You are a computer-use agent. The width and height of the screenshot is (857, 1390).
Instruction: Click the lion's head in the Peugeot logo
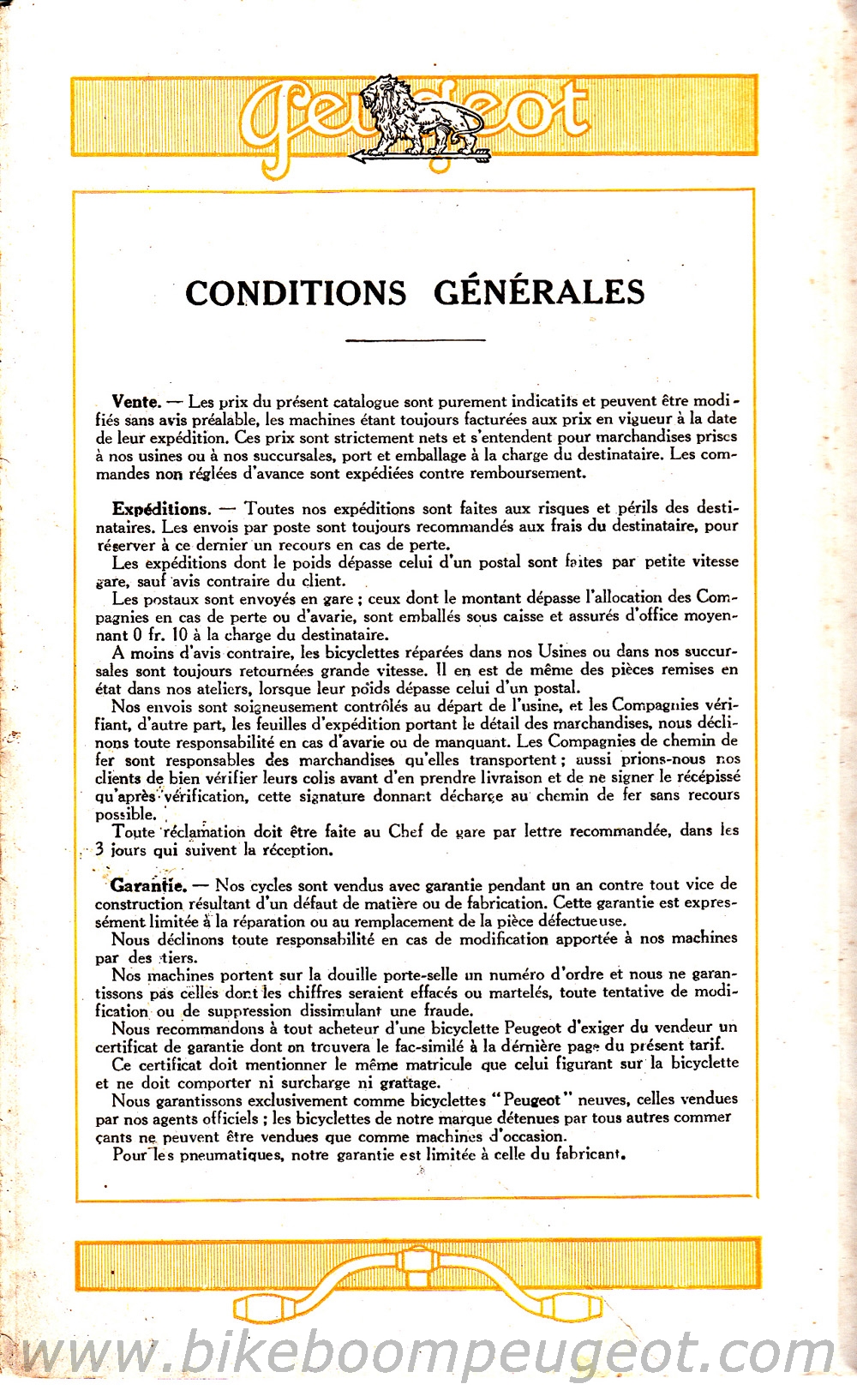coord(378,93)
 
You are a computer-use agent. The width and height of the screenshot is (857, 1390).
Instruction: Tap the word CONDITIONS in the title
coord(296,293)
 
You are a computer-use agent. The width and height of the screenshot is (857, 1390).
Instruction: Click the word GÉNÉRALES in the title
coord(539,292)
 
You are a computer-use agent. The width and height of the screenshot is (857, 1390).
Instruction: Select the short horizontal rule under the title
coord(415,340)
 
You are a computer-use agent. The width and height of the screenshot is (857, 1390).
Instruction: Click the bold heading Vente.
coord(135,401)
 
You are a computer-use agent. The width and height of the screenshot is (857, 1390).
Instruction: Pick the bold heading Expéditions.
coord(160,509)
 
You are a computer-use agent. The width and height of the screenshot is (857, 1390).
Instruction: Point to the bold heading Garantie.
coord(147,885)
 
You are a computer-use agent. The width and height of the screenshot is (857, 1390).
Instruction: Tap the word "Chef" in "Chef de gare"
coord(406,830)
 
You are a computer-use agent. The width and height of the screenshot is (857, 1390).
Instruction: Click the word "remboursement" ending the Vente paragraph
coord(525,472)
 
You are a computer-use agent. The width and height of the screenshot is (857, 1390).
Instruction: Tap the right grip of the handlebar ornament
coord(574,1308)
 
